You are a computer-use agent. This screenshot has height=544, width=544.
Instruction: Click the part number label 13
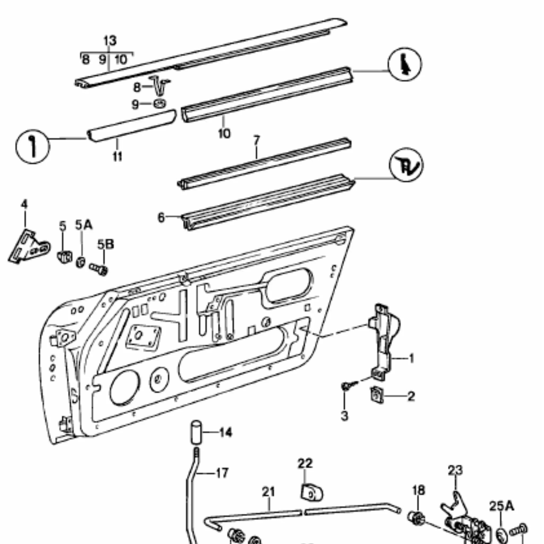(110, 41)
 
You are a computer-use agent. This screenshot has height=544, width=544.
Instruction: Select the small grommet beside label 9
(159, 104)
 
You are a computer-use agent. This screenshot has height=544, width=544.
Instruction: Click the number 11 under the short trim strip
(118, 156)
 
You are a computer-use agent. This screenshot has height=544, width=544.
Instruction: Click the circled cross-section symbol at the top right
(405, 65)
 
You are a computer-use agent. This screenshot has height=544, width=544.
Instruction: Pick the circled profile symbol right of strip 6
(406, 165)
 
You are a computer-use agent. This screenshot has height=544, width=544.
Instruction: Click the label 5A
(84, 225)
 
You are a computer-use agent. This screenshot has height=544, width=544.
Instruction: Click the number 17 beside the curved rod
(222, 473)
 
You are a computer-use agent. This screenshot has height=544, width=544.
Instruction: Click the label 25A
(502, 506)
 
